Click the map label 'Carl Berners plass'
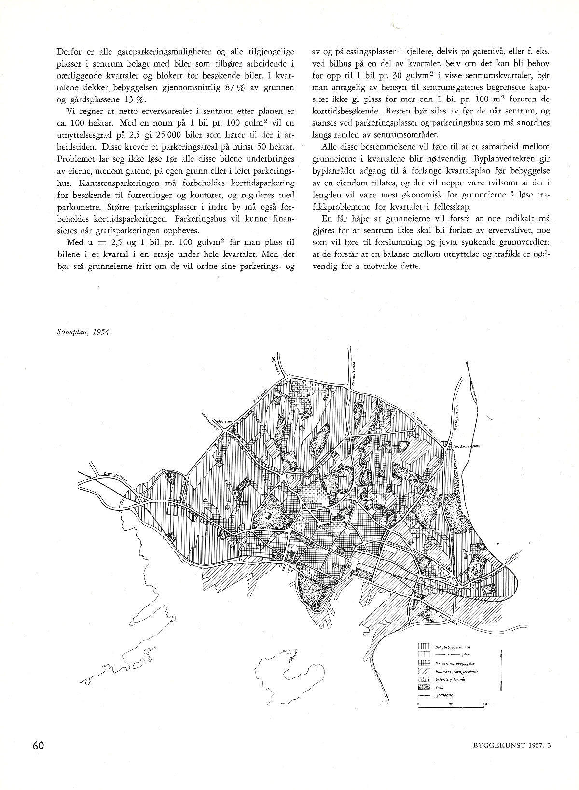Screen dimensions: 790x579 465,433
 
